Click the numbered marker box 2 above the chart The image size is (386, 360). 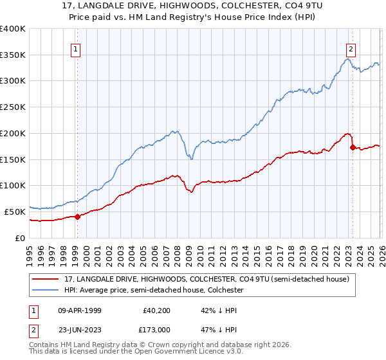[351, 48]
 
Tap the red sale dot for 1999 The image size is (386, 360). [77, 217]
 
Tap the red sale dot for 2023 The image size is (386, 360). [352, 147]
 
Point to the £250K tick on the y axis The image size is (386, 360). [12, 107]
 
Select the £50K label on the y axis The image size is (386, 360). [14, 212]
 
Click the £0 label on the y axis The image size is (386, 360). [20, 238]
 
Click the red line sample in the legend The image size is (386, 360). [46, 279]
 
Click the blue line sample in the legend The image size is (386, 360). [46, 291]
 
